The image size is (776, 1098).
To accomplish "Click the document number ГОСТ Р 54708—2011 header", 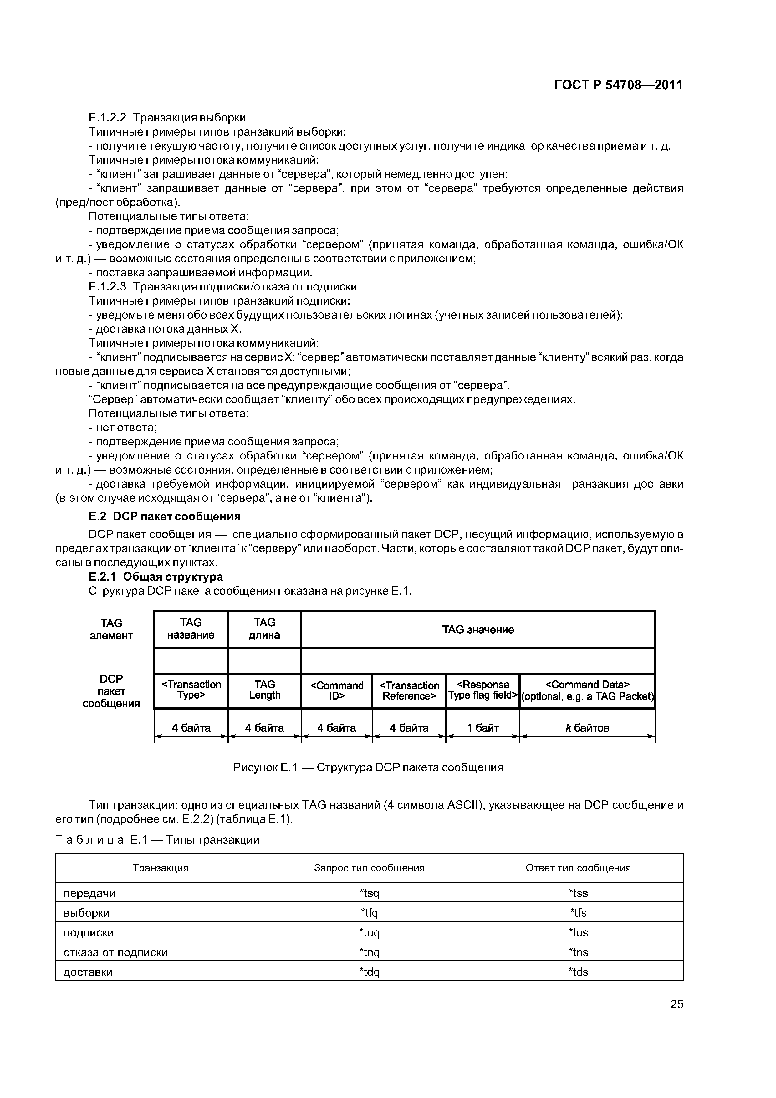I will pos(618,85).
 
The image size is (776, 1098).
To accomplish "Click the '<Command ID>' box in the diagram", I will pos(337,690).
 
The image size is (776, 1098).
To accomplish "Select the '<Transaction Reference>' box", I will pos(409,690).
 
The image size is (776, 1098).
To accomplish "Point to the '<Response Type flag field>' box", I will pos(482,690).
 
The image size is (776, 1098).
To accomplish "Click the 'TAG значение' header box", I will pos(478,629).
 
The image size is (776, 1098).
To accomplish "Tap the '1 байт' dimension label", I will pos(482,728).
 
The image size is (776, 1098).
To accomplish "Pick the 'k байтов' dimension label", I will pos(587,728).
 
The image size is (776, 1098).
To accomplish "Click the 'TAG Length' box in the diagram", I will pos(264,690).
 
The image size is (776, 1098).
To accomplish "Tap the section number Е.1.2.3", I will pos(108,287).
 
